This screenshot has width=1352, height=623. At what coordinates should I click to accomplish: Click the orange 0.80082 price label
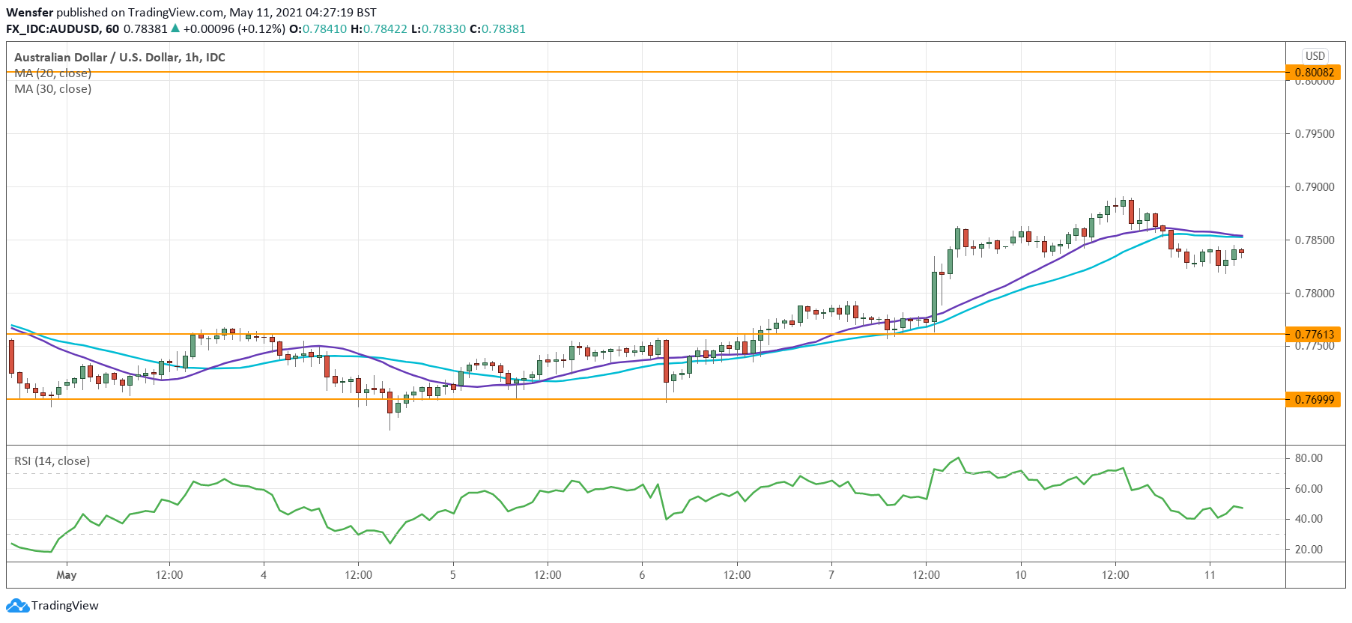[x=1314, y=73]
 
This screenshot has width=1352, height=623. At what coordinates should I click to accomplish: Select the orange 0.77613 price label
[x=1314, y=334]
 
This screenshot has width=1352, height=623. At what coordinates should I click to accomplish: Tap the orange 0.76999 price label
[x=1314, y=399]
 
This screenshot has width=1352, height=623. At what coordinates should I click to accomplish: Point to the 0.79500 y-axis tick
[x=1315, y=134]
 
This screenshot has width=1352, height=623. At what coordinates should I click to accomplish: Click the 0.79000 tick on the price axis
[x=1315, y=187]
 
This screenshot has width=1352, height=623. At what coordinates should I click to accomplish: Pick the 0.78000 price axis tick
[x=1315, y=294]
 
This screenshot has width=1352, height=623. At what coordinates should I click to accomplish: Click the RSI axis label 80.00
[x=1309, y=458]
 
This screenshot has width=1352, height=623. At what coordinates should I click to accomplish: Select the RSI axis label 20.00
[x=1309, y=550]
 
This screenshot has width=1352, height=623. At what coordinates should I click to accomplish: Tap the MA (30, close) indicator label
[x=53, y=89]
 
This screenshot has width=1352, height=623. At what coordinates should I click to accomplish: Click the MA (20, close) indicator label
[x=53, y=73]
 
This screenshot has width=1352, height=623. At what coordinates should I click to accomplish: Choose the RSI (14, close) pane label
[x=52, y=461]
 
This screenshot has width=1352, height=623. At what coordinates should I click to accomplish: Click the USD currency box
[x=1315, y=56]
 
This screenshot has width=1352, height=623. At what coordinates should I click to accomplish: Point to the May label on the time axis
[x=67, y=575]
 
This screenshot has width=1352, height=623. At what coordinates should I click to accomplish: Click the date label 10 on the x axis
[x=1020, y=575]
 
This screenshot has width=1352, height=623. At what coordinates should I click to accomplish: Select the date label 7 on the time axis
[x=831, y=575]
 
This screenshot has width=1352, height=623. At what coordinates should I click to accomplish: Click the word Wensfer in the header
[x=29, y=12]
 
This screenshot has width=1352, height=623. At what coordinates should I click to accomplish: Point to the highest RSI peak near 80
[x=958, y=458]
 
